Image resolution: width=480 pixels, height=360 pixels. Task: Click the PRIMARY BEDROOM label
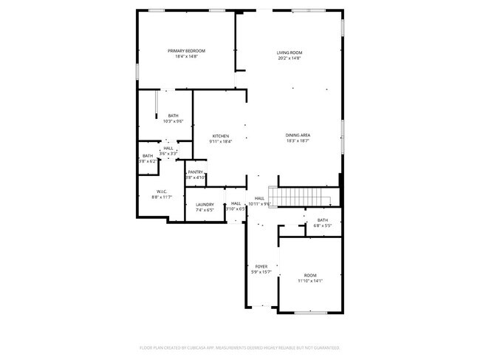tap(185, 50)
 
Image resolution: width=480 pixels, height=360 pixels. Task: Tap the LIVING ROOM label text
tap(289, 52)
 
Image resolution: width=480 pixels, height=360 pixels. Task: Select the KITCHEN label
tap(221, 136)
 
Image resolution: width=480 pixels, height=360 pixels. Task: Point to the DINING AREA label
tap(298, 135)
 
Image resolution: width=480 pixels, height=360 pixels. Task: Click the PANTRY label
tap(195, 171)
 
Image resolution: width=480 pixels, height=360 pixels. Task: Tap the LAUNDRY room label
tap(205, 205)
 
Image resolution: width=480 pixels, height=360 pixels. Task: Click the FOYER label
tap(261, 266)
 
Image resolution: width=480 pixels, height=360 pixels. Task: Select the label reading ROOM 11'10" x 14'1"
tap(309, 274)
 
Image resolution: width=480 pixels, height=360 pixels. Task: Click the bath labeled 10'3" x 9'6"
tap(173, 115)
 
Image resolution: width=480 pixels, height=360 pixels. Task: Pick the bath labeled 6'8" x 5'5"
tap(323, 220)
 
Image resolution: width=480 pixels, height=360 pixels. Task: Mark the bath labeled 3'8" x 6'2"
tap(148, 156)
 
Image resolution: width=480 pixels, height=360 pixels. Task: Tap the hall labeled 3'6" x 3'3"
tap(168, 149)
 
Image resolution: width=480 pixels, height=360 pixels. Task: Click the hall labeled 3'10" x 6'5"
tap(236, 204)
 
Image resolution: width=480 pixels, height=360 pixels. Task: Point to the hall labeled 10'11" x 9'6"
tap(260, 199)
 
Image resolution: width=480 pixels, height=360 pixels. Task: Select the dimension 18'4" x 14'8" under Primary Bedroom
tap(185, 57)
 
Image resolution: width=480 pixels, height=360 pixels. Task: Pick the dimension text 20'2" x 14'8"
tap(289, 59)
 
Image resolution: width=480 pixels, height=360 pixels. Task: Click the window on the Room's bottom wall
tap(311, 312)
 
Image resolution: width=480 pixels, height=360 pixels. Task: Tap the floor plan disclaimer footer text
tap(239, 347)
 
